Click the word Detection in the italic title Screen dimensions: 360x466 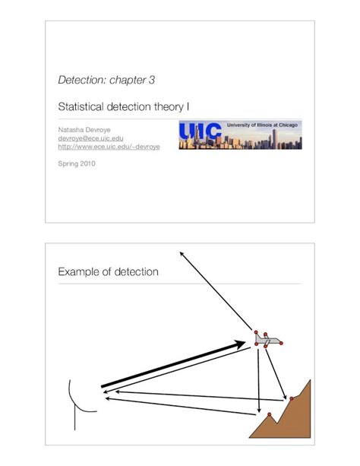click(x=80, y=80)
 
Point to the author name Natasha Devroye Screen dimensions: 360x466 click(x=84, y=130)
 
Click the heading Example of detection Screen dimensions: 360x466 click(x=108, y=272)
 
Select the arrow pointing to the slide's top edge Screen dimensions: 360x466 click(x=216, y=293)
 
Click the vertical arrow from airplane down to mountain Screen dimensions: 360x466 click(x=260, y=380)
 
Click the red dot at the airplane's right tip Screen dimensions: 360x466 click(x=283, y=344)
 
